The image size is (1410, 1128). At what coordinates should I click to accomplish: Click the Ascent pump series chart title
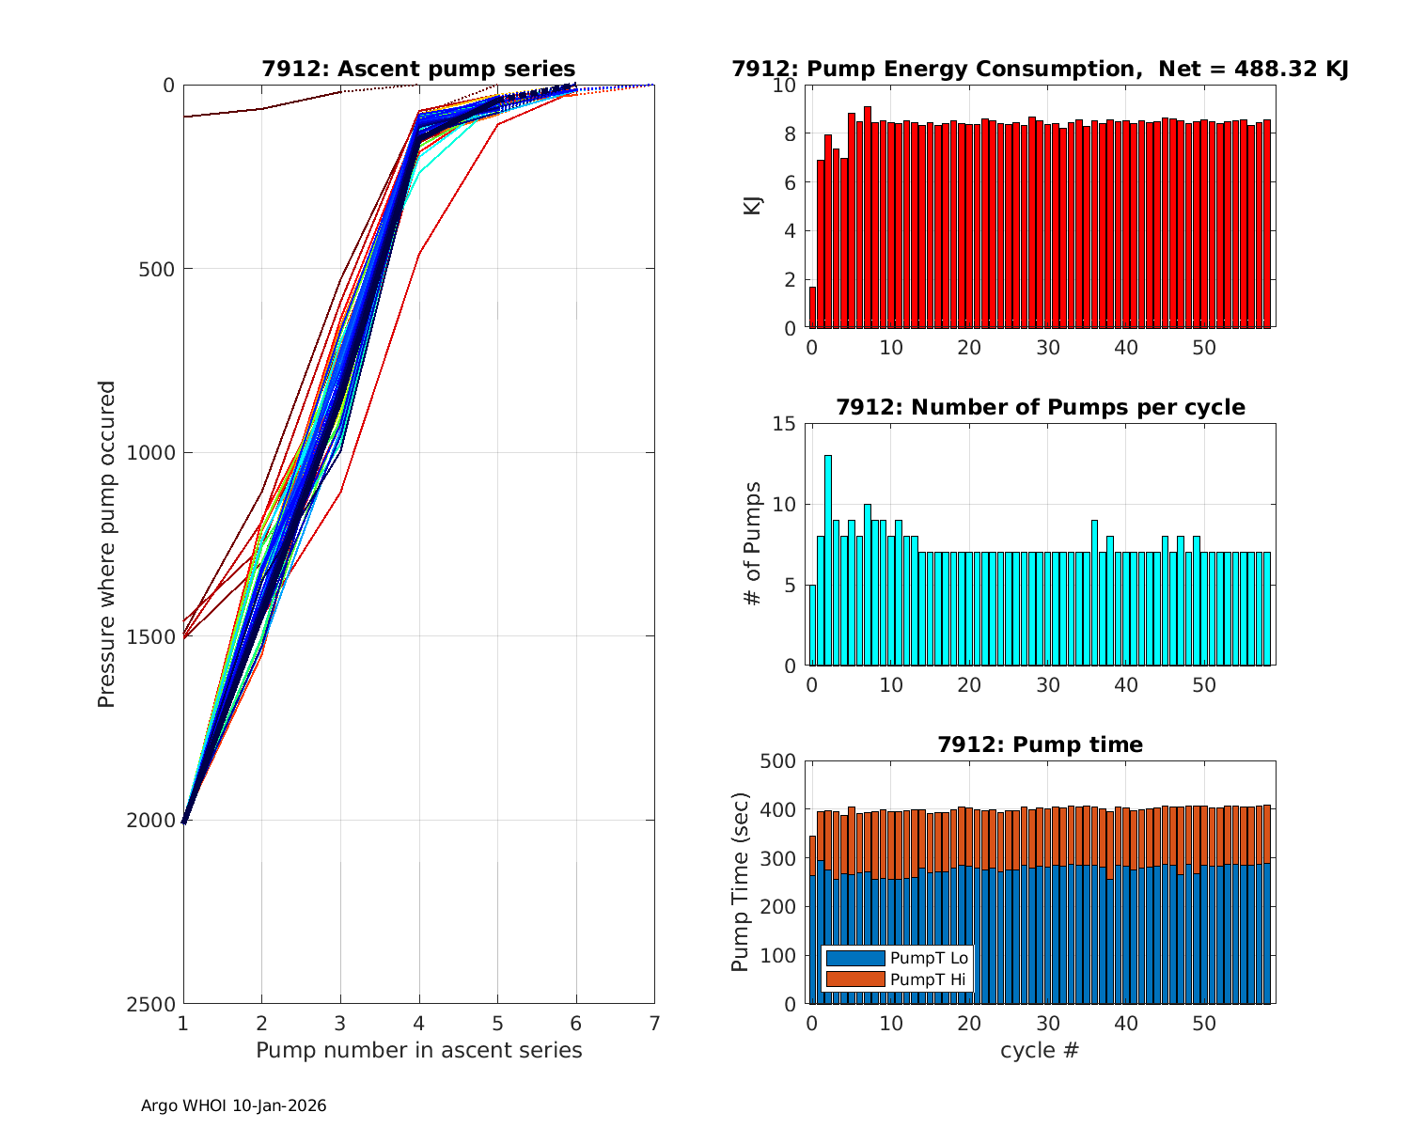pos(418,69)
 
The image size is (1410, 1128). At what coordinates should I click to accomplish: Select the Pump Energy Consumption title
pos(1040,69)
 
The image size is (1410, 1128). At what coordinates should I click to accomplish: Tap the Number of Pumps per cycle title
pos(1040,407)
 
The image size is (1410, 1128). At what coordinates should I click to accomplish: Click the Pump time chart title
pos(1040,744)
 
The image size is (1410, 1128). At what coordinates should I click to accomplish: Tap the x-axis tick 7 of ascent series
pos(654,1023)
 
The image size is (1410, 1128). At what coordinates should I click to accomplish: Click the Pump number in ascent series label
pos(418,1050)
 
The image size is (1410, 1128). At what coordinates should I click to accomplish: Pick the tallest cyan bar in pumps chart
pos(828,560)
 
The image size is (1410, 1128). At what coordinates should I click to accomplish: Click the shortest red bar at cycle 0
pos(812,307)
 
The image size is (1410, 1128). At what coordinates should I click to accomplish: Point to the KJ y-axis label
pos(752,206)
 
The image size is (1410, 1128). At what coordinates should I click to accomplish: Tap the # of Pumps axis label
pos(752,543)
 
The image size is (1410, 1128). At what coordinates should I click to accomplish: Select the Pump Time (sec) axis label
pos(741,882)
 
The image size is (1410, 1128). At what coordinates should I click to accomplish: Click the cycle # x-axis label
pos(1040,1050)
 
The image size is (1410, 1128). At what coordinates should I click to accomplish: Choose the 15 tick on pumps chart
pos(786,424)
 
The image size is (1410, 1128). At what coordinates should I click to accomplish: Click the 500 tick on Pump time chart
pos(779,761)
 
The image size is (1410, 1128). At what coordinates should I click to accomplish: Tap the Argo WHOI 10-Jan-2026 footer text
pos(234,1106)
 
